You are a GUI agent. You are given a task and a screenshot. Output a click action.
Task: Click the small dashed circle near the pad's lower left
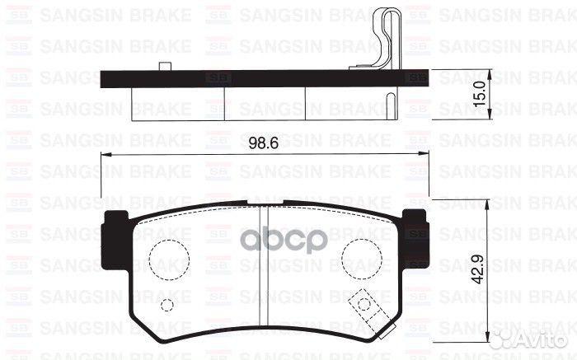tap(167, 306)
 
